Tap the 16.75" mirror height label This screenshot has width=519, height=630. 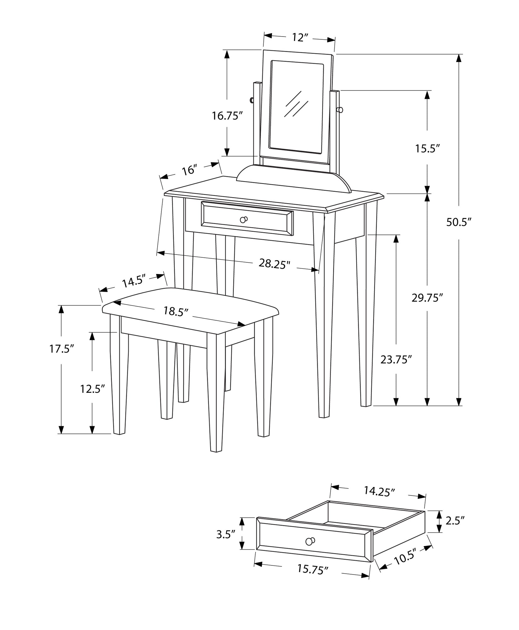click(227, 116)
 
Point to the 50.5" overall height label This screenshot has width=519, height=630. click(458, 222)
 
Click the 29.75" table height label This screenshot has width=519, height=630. click(427, 298)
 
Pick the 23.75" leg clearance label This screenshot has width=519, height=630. click(396, 359)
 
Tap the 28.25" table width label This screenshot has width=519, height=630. click(274, 263)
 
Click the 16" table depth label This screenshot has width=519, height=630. click(189, 170)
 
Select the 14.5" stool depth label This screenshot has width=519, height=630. click(134, 281)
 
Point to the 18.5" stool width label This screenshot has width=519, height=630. click(176, 311)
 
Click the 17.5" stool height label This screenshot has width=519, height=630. click(61, 349)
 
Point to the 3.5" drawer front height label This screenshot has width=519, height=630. click(226, 535)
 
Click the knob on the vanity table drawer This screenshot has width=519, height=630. click(244, 220)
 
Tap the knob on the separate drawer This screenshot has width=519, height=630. click(310, 541)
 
